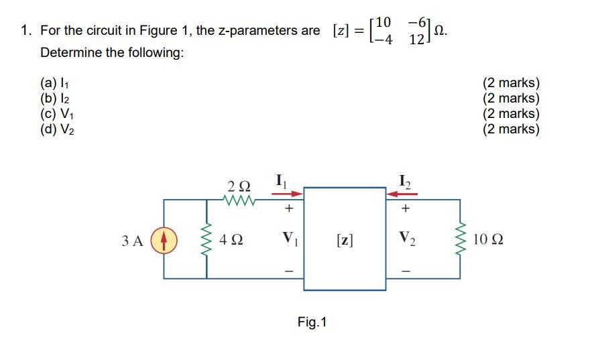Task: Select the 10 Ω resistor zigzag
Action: (x=460, y=239)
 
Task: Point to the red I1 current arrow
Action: (x=287, y=193)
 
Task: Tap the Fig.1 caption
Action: (x=312, y=322)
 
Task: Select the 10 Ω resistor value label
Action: (x=488, y=239)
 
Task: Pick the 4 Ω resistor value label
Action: (x=232, y=239)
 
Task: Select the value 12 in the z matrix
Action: (x=416, y=39)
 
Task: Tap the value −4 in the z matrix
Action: (x=383, y=39)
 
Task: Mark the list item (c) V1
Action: (x=56, y=113)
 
